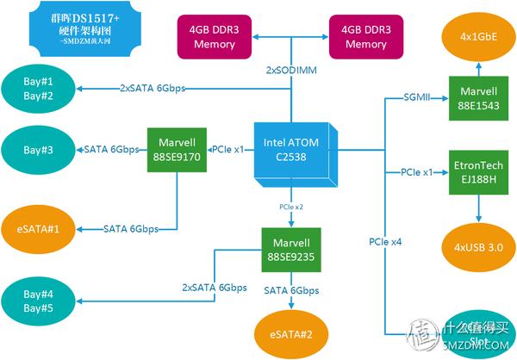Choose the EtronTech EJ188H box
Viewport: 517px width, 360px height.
coord(477,172)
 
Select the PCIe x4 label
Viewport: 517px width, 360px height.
coord(384,242)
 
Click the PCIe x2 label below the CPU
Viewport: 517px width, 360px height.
coord(291,208)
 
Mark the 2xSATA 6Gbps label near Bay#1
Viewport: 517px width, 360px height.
coord(153,88)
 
